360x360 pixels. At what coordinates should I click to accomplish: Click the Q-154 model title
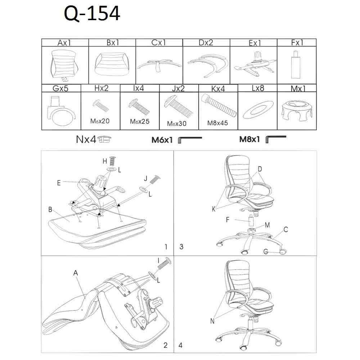click(x=92, y=14)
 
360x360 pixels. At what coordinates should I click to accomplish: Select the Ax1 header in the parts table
click(x=64, y=43)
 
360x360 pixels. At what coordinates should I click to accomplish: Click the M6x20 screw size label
click(x=100, y=121)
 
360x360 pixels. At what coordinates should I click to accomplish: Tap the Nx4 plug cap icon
click(x=105, y=139)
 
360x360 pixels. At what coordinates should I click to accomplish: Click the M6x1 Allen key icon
click(x=190, y=139)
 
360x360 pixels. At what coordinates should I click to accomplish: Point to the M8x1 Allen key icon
click(x=276, y=139)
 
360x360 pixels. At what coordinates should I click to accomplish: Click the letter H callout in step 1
click(x=104, y=161)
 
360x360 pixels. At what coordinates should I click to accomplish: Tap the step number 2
click(x=165, y=346)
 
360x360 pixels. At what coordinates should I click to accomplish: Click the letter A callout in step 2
click(x=76, y=273)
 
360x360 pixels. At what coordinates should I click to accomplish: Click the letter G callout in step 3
click(x=265, y=252)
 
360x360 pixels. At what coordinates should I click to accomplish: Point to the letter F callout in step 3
click(x=228, y=219)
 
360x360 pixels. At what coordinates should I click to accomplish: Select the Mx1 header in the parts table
click(x=297, y=89)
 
